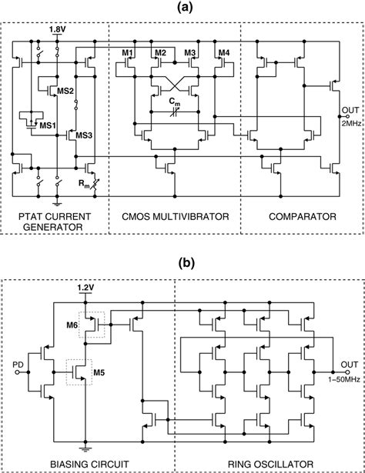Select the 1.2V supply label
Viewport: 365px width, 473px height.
tap(87, 288)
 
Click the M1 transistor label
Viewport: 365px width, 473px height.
tap(129, 52)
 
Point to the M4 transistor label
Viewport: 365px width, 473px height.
tap(223, 52)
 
